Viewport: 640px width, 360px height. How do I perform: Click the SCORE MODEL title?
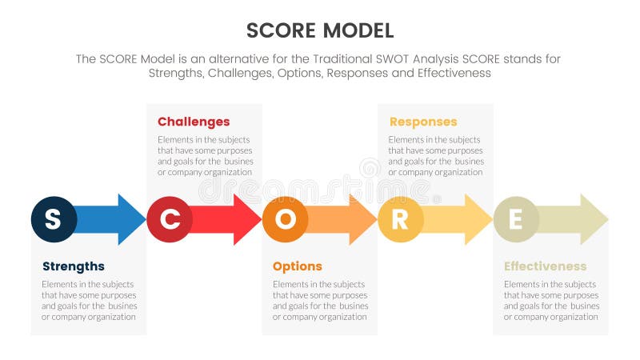[x=320, y=30]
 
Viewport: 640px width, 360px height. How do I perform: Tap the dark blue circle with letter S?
[x=54, y=219]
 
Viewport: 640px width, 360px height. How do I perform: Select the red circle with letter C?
[x=170, y=219]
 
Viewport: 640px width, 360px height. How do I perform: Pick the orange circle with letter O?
[x=285, y=219]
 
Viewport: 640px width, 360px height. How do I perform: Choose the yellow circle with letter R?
[x=400, y=219]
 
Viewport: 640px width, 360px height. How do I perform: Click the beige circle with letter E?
[x=516, y=219]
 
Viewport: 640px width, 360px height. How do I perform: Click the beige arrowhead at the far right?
[x=593, y=219]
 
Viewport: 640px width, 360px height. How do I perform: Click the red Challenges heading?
[x=194, y=122]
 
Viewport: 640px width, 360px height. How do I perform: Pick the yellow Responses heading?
[x=423, y=122]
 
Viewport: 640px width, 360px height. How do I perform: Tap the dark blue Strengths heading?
[x=73, y=266]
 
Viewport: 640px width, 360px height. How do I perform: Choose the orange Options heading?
[x=297, y=266]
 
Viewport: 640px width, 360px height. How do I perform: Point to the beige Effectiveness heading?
[x=545, y=266]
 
